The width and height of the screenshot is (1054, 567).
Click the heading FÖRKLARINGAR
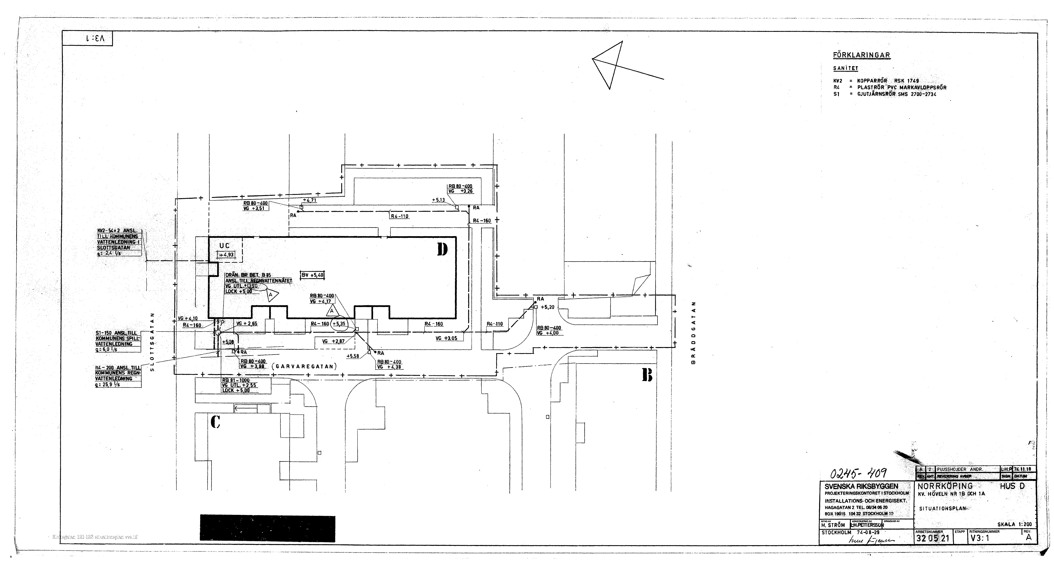tap(861, 55)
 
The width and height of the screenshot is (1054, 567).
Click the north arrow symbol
tap(614, 65)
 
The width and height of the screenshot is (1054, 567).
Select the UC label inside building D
tap(224, 246)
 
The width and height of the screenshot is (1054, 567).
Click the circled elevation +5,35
tap(339, 324)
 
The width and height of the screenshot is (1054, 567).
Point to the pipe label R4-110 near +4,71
tap(399, 216)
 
